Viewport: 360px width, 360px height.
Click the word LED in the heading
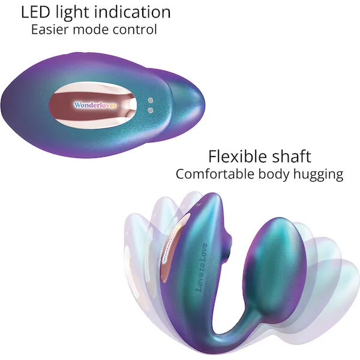point(35,12)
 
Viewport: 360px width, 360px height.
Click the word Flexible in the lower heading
point(237,157)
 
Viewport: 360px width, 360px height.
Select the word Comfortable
point(215,174)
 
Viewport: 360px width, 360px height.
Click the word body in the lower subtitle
point(274,175)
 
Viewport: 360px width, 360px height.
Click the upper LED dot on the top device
point(151,101)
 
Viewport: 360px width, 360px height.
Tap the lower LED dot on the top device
point(151,110)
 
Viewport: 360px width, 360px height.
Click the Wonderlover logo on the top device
point(95,106)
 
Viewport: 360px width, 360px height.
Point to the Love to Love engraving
point(201,268)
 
